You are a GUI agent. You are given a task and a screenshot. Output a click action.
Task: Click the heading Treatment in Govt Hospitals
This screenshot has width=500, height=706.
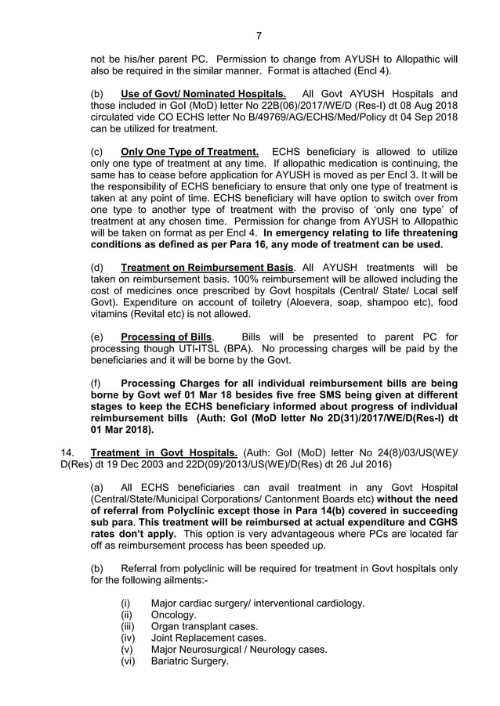pyautogui.click(x=165, y=452)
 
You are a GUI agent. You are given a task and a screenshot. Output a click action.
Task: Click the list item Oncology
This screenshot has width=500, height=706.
pyautogui.click(x=174, y=614)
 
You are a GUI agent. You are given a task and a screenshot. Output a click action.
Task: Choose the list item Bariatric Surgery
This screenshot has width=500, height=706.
pyautogui.click(x=190, y=661)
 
